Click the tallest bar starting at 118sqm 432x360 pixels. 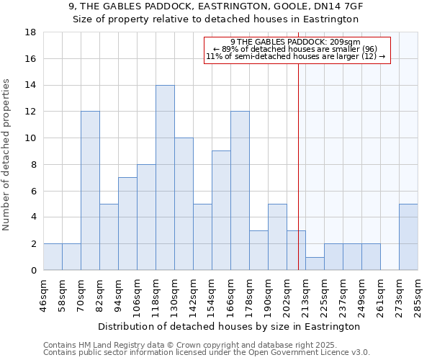pos(165,178)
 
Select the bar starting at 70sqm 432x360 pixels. pos(90,191)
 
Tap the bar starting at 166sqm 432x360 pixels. pos(240,191)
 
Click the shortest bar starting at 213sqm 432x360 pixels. pos(315,264)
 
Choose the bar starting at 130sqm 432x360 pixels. pos(184,204)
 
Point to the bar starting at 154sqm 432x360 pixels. pos(221,210)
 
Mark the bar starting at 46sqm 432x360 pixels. pos(53,257)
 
